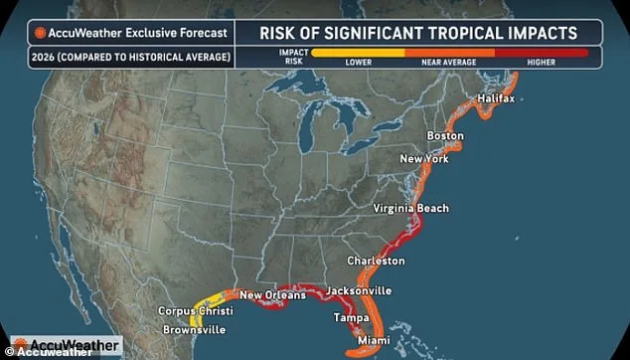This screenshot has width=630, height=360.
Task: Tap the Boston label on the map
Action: pos(444,135)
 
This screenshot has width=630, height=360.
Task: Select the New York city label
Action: pos(424,159)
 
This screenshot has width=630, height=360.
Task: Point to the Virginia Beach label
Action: pos(410,208)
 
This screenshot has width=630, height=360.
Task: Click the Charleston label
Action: pos(376,261)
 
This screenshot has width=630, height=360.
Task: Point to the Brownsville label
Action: pos(193,329)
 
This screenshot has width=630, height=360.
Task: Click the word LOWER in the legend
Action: pos(358,62)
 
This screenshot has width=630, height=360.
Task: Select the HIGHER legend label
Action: pos(541,62)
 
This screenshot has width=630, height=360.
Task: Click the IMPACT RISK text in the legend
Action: pos(292,56)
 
